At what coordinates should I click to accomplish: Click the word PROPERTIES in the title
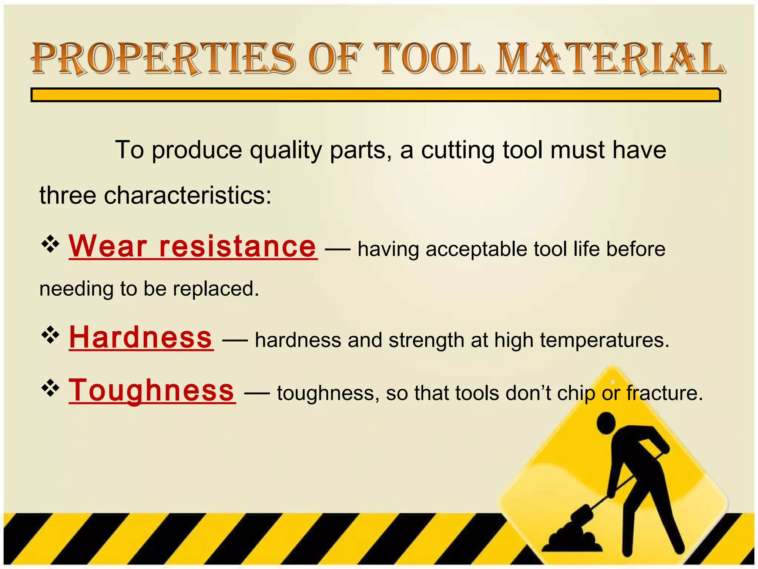[x=163, y=59]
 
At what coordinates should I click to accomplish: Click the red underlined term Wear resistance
[x=192, y=247]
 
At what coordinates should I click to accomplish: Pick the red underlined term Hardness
[x=141, y=337]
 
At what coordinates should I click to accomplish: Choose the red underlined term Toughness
[x=152, y=390]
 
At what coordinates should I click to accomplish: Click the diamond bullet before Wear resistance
[x=50, y=244]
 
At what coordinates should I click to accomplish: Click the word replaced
[x=216, y=289]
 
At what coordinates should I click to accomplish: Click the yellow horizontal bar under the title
[x=375, y=95]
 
